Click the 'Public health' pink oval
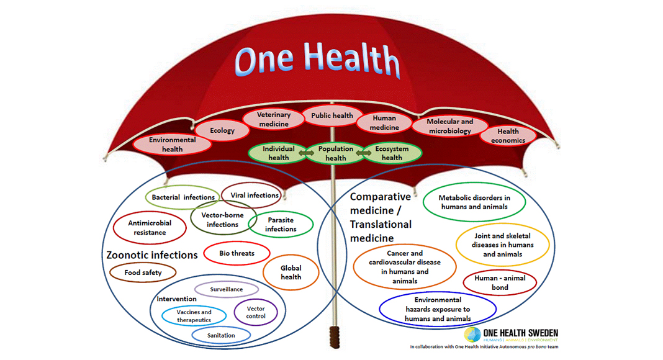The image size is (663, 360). [332, 115]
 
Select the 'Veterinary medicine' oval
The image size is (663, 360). [274, 119]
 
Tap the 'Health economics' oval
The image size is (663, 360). [508, 136]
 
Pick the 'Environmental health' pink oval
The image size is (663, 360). [172, 145]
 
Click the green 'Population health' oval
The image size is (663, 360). [335, 153]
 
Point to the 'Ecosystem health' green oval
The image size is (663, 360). [392, 153]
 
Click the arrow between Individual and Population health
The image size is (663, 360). [306, 153]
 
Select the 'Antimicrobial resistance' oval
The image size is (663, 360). [150, 228]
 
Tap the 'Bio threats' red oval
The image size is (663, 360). [237, 253]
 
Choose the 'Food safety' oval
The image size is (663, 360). [143, 272]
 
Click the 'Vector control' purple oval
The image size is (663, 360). [256, 312]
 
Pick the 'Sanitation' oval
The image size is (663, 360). [221, 335]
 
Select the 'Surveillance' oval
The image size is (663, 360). [227, 289]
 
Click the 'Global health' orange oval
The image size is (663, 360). [291, 272]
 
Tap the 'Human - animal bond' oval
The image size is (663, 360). [500, 282]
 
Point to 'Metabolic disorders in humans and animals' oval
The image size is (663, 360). [474, 202]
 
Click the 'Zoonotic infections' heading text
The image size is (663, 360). [152, 254]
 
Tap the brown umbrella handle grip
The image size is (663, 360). [335, 336]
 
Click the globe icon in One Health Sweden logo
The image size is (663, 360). [472, 335]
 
